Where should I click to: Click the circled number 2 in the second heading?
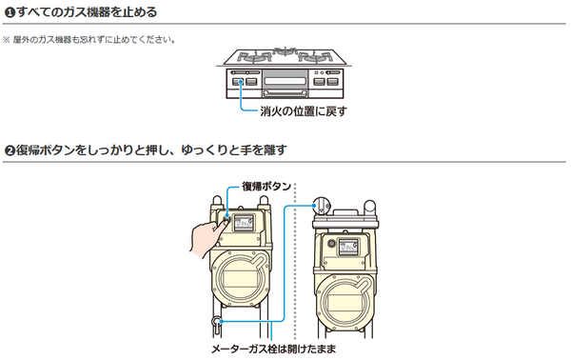click(9, 150)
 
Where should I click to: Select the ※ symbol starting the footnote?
click(6, 39)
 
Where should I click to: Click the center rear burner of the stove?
click(285, 49)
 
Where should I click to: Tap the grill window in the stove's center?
click(285, 81)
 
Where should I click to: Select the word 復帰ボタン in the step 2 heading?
click(53, 150)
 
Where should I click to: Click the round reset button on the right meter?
click(330, 242)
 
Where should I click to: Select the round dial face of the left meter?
click(239, 284)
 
